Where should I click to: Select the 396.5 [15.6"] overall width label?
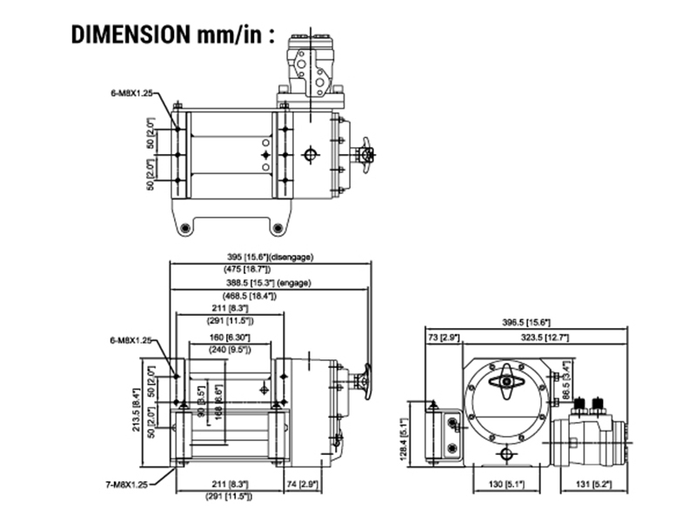[x=526, y=323]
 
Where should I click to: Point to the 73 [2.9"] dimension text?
[x=443, y=336]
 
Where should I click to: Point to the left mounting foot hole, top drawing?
[x=184, y=228]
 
